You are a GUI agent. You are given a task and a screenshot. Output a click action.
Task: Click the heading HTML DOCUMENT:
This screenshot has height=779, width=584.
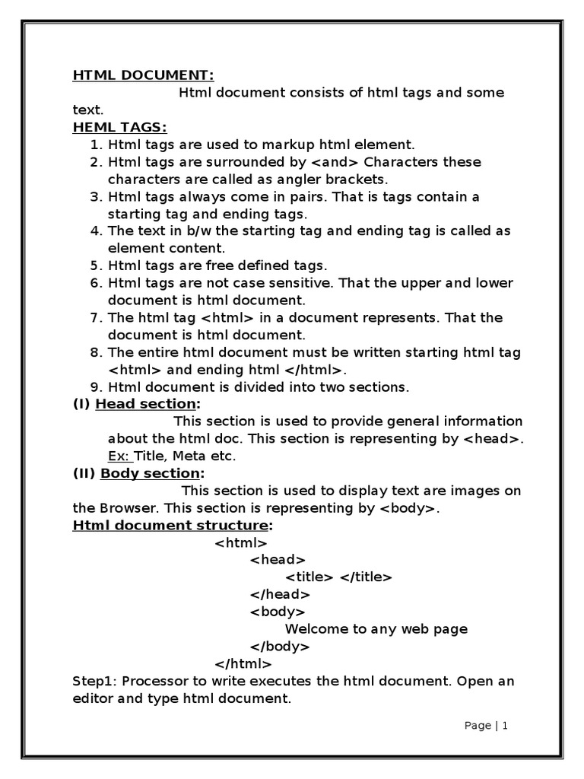tap(144, 75)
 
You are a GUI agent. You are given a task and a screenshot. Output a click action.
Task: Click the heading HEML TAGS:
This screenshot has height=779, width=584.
tap(119, 127)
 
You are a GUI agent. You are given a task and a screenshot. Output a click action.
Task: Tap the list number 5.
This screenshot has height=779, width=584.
tap(96, 265)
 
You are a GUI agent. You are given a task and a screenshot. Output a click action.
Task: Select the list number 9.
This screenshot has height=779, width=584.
tap(96, 387)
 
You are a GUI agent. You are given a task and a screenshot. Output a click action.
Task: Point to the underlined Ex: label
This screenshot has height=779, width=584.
tap(120, 456)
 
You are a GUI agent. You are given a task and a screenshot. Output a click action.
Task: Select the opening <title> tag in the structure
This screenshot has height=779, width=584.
tap(309, 577)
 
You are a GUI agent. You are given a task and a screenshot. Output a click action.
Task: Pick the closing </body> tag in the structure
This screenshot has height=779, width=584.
tap(280, 647)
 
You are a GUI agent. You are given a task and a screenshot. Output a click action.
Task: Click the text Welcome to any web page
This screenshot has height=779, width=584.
tap(376, 629)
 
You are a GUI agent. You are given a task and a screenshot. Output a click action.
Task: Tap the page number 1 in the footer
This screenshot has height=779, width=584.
tap(504, 726)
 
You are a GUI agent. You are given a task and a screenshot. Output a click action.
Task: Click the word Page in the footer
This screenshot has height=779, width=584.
tap(478, 726)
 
